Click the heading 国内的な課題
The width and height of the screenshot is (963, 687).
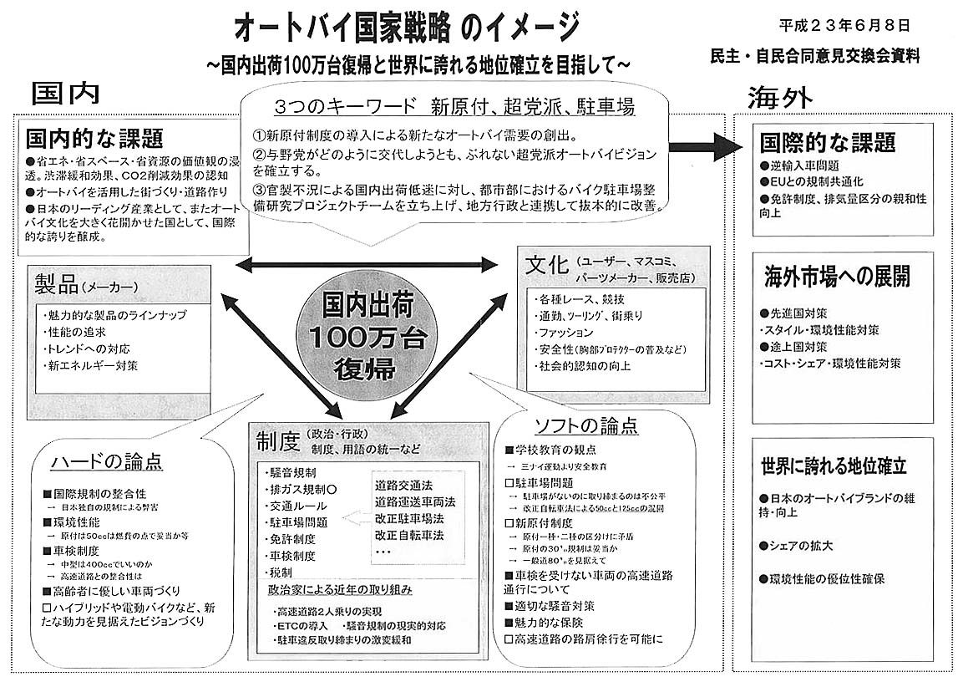click(94, 137)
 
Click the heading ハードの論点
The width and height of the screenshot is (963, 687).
click(106, 461)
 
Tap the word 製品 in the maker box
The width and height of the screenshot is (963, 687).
click(56, 284)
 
